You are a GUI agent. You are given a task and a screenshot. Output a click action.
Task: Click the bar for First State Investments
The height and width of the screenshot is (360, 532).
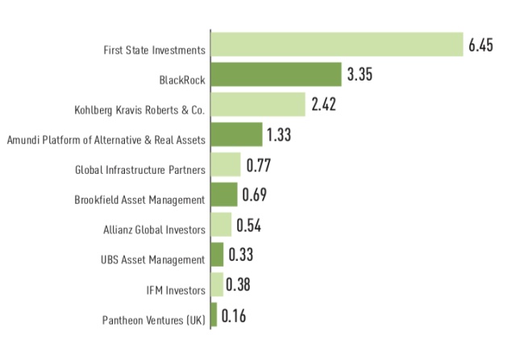336,45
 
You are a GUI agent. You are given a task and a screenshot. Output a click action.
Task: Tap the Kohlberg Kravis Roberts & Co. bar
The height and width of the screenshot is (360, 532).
258,105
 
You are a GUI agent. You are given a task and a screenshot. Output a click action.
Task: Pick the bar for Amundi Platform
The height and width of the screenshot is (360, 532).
236,134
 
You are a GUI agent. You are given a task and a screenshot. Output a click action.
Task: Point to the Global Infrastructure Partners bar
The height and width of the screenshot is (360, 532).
226,164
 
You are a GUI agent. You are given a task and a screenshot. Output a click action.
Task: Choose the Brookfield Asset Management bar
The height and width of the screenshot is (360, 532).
224,194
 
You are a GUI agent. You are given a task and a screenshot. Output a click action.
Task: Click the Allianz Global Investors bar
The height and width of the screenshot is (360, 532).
221,224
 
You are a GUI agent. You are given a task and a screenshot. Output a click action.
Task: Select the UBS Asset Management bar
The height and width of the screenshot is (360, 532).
217,254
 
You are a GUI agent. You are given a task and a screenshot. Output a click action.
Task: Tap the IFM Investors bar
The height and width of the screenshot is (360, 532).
217,284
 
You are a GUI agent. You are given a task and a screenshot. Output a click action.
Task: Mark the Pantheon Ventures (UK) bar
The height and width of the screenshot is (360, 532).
214,314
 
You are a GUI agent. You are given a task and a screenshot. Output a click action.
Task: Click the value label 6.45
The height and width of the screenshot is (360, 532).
480,45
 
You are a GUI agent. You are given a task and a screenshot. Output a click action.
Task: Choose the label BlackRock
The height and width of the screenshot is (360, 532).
182,80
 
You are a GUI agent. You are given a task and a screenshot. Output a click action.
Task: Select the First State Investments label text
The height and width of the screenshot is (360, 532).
154,50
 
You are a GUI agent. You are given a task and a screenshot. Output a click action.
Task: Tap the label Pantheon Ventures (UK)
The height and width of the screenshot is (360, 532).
154,320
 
